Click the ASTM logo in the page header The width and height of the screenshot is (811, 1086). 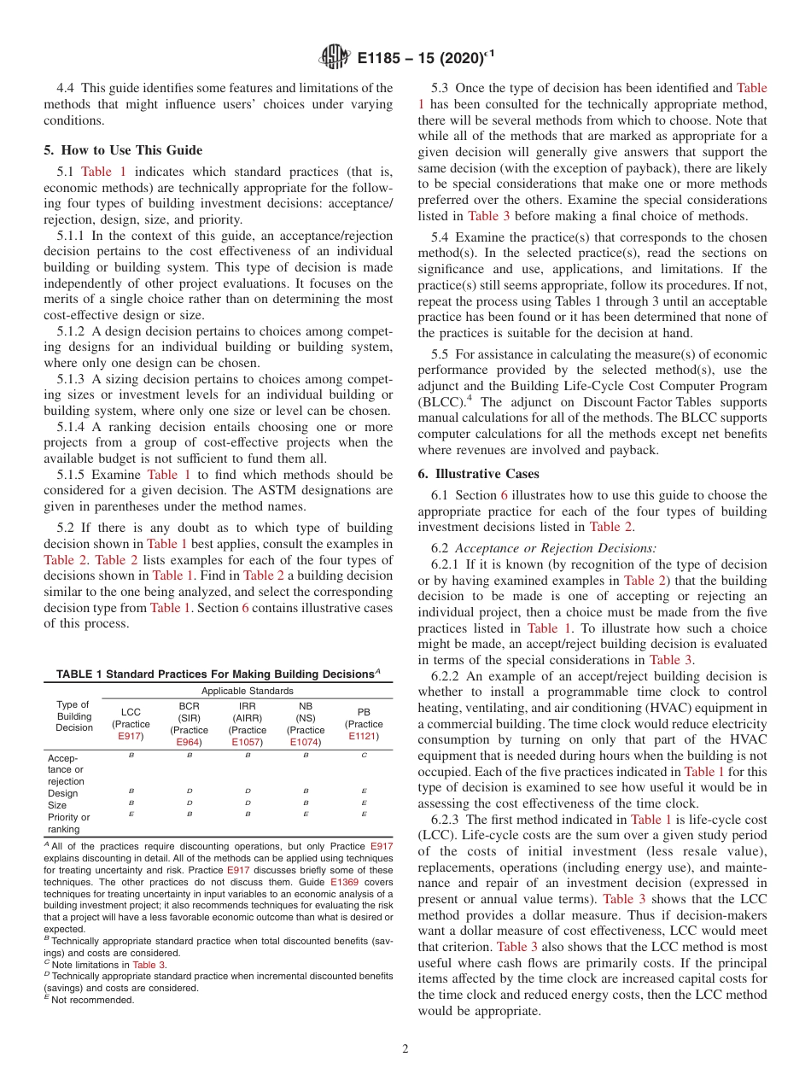[x=334, y=57]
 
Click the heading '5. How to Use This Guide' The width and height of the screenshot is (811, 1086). [x=123, y=150]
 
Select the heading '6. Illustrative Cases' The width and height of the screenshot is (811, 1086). [x=478, y=474]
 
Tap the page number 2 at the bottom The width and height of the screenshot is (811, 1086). [x=405, y=1049]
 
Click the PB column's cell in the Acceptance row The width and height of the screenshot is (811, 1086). [x=365, y=756]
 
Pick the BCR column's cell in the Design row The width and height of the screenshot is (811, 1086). [x=189, y=791]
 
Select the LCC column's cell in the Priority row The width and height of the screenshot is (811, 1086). [x=131, y=815]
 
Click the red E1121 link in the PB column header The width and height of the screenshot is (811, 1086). [x=364, y=736]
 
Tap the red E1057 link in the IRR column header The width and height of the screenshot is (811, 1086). [x=248, y=742]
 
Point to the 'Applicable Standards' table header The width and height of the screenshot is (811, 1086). [x=247, y=691]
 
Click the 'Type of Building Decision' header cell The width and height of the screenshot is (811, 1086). [x=73, y=716]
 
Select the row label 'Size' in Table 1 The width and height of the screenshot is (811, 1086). [x=57, y=804]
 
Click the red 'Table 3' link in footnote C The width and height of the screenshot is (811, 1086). [x=149, y=964]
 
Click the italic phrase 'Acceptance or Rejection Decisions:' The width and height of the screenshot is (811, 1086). [x=556, y=548]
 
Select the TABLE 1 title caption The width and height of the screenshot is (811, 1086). [x=218, y=674]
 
